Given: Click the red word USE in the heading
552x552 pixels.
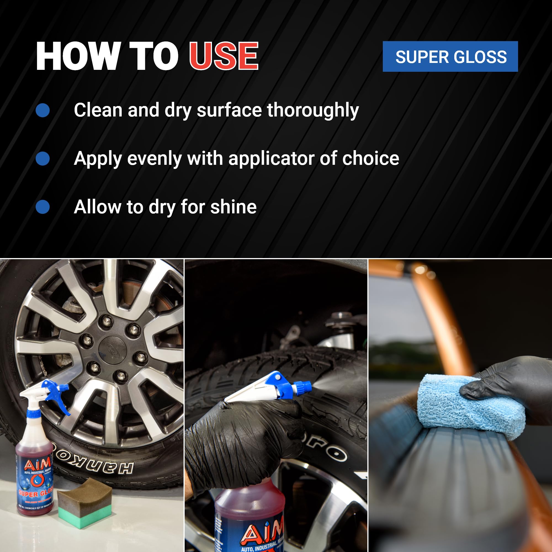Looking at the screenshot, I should [x=224, y=56].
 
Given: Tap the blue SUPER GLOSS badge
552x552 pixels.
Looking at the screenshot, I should [x=450, y=57].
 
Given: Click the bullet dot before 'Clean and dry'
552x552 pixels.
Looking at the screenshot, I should [x=43, y=110].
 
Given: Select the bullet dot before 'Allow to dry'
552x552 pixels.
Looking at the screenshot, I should [x=43, y=207].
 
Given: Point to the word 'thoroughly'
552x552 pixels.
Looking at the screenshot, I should [x=313, y=110].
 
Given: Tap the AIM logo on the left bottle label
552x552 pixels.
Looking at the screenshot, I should [x=37, y=464].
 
